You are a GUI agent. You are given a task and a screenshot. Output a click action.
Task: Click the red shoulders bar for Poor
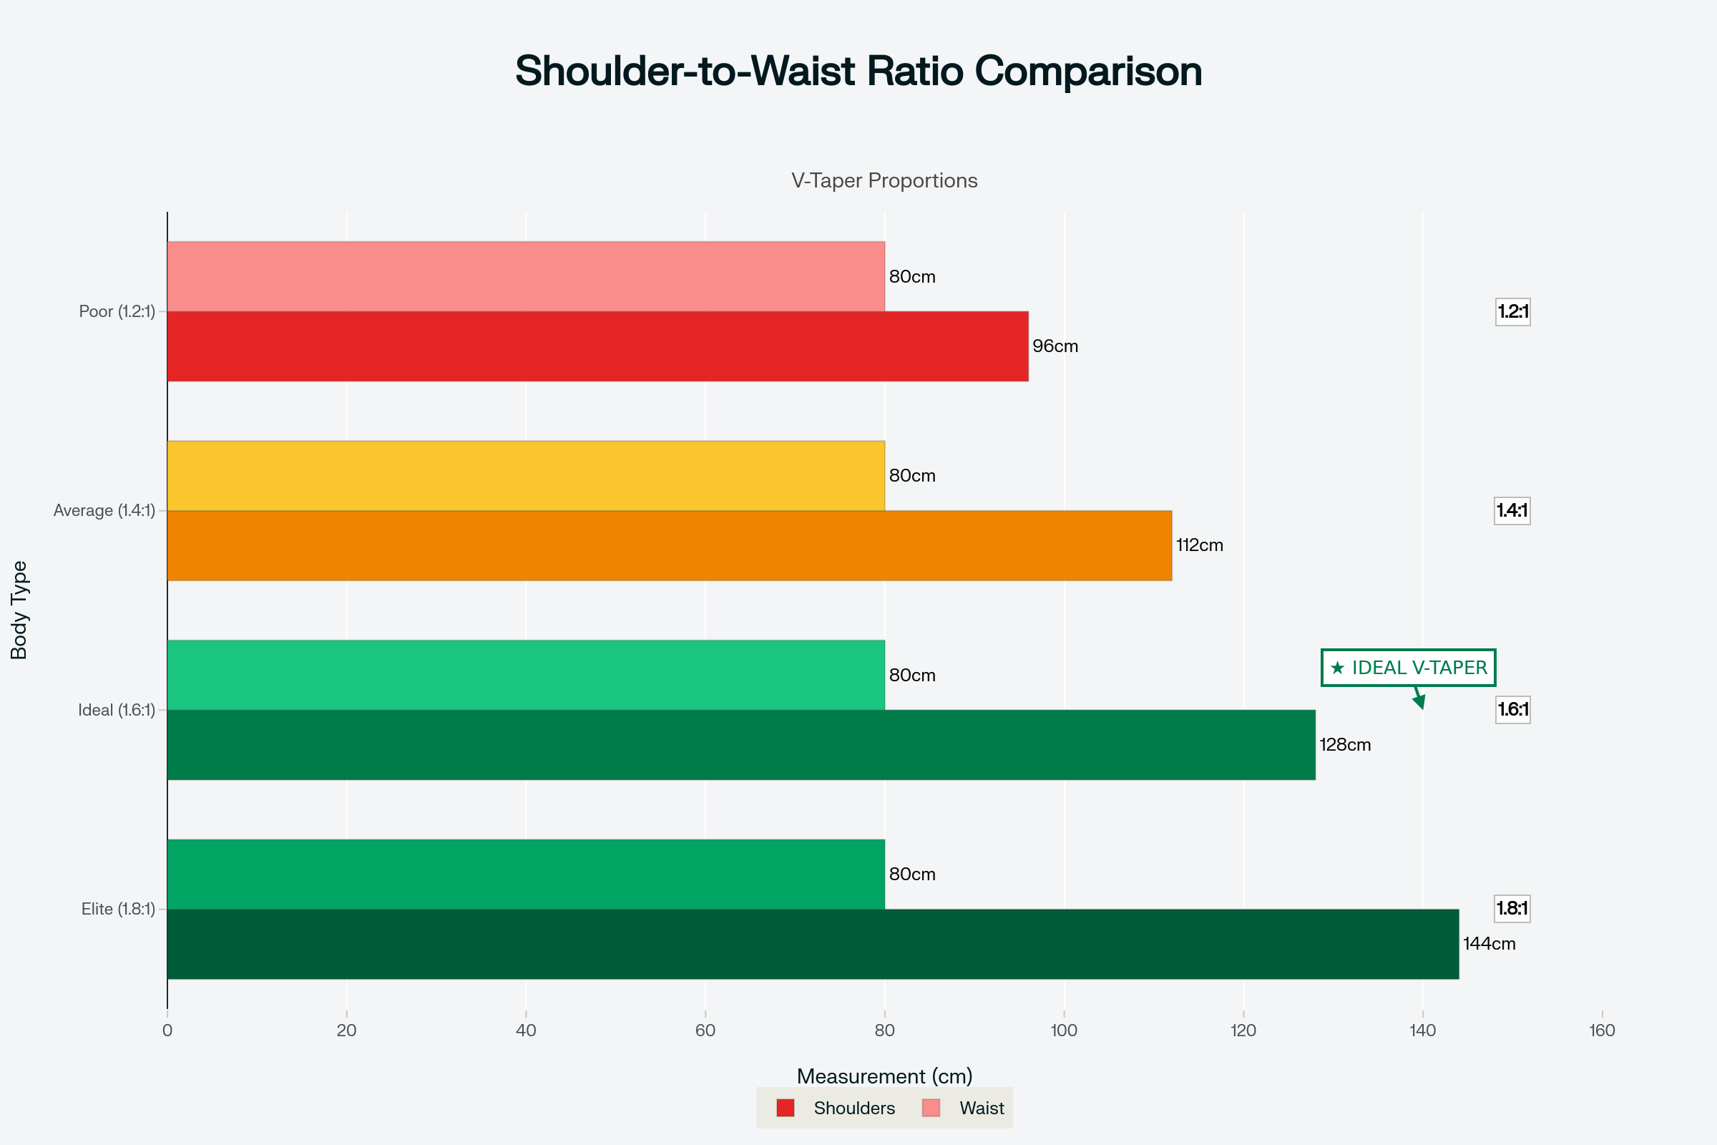(x=597, y=346)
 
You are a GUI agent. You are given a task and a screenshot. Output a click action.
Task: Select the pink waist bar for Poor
(x=526, y=277)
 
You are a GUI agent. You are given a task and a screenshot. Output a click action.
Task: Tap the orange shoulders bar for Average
(x=669, y=545)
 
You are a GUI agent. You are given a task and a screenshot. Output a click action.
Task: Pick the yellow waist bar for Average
(x=526, y=476)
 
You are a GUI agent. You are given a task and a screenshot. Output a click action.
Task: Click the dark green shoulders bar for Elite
(x=813, y=944)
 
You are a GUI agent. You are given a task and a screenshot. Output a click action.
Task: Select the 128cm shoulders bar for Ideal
(x=741, y=745)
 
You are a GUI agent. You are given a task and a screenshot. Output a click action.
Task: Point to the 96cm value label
(x=1055, y=346)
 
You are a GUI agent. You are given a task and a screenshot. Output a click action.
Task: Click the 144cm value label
(x=1489, y=944)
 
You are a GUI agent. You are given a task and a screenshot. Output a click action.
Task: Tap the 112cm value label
(x=1199, y=545)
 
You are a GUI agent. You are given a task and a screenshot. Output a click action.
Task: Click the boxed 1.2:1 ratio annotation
(x=1512, y=312)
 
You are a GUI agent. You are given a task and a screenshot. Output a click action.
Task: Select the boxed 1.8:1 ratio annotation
(x=1512, y=908)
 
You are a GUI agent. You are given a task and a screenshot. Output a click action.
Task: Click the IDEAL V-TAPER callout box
(x=1408, y=668)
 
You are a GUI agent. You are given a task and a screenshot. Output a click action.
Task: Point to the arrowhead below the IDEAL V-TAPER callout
(x=1420, y=703)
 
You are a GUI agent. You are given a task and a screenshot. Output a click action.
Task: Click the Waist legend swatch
(x=931, y=1109)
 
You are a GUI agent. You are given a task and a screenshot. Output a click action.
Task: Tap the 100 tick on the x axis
(x=1064, y=1030)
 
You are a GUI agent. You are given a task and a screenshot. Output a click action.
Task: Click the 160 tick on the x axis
(x=1602, y=1030)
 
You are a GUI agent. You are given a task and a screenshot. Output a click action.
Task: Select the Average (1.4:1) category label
(x=104, y=511)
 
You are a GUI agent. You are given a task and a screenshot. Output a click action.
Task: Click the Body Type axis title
(x=19, y=610)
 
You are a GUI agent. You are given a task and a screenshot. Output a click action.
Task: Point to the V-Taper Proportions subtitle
(x=884, y=180)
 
